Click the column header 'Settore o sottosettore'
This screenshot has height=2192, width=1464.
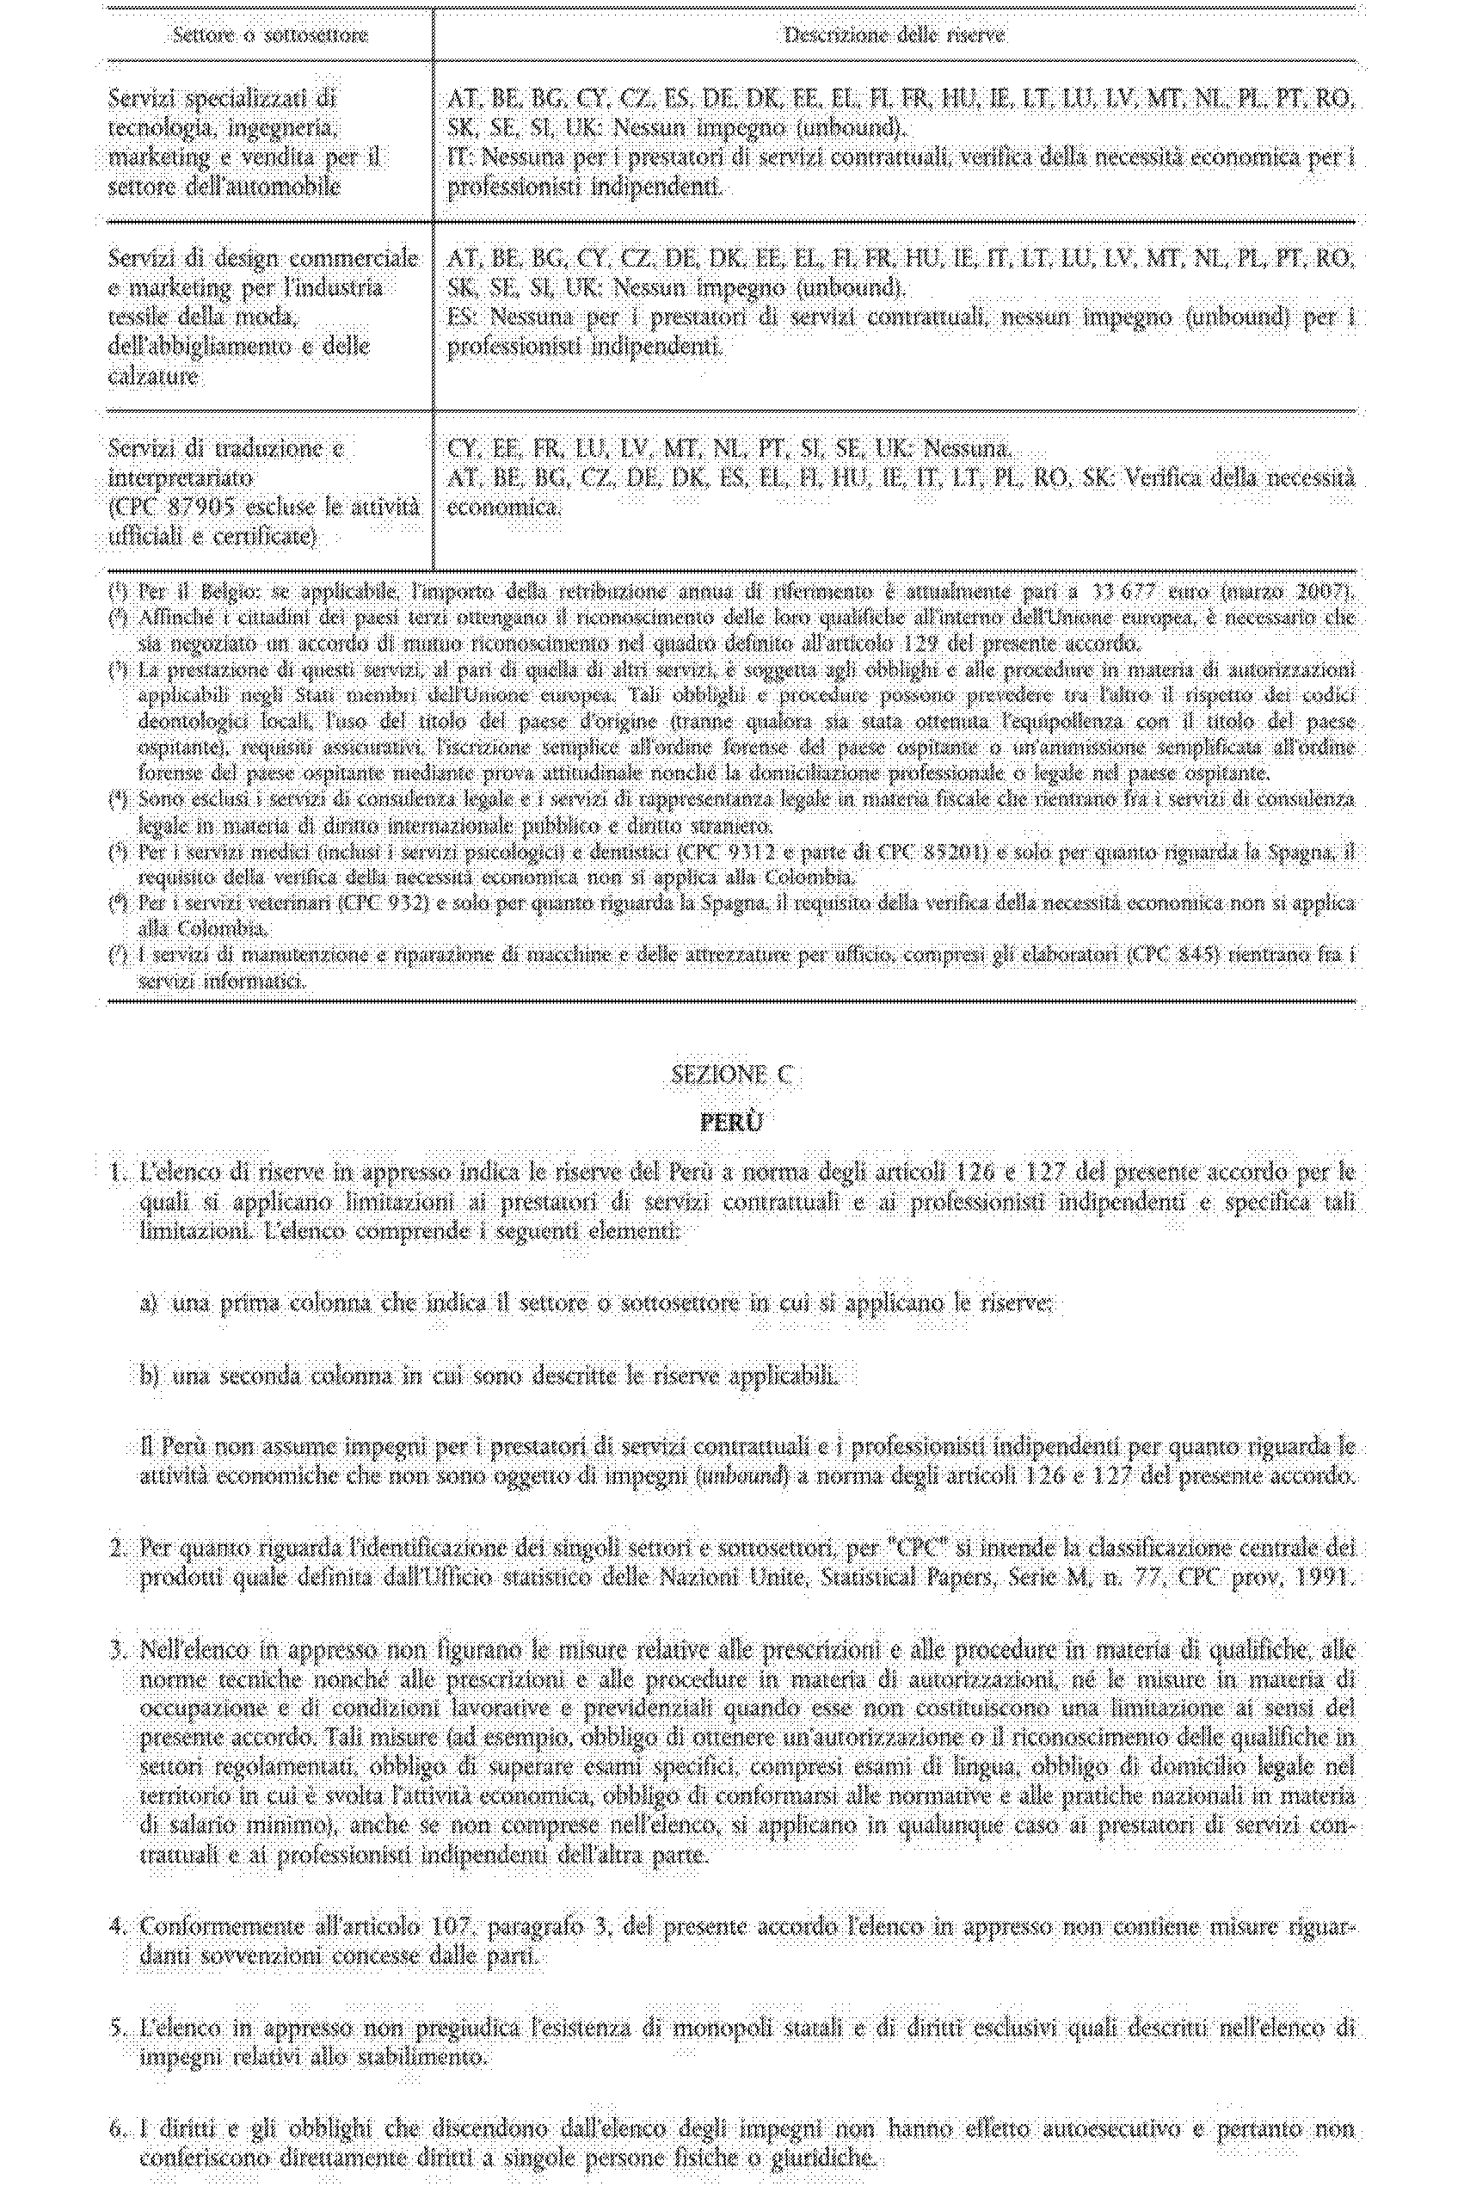pos(270,35)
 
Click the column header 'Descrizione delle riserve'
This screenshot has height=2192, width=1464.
pos(894,35)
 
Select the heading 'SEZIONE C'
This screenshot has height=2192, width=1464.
pos(731,1074)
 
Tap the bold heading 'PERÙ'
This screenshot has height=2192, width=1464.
pos(731,1122)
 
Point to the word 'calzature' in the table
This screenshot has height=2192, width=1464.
pos(153,376)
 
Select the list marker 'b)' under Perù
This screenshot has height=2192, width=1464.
pos(150,1376)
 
